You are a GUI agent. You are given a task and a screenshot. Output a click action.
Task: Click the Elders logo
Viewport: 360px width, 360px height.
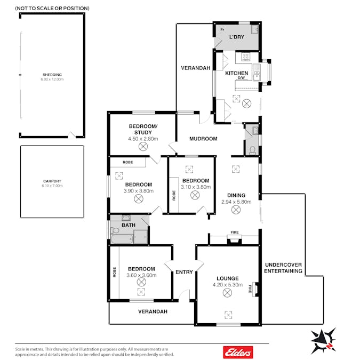(x=238, y=352)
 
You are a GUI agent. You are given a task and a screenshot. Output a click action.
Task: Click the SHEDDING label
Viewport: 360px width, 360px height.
(x=52, y=75)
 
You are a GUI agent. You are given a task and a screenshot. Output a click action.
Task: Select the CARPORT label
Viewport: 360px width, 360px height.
(x=52, y=181)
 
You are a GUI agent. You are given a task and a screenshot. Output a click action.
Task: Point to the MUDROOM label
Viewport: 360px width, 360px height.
(x=203, y=139)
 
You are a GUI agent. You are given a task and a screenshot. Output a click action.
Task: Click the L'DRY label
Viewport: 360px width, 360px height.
(x=237, y=37)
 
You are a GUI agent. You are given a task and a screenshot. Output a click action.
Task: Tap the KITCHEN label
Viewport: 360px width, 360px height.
(x=236, y=73)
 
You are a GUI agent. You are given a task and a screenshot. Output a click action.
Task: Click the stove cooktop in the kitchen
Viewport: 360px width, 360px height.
(x=246, y=57)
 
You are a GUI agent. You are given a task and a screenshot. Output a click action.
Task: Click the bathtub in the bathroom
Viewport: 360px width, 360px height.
(x=122, y=239)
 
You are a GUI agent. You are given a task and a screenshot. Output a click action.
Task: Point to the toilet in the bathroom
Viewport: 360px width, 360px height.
(x=115, y=230)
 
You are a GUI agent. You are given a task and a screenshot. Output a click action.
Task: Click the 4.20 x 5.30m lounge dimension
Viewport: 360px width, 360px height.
(x=228, y=285)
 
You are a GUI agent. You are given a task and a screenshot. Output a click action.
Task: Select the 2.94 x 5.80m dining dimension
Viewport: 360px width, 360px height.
(x=236, y=202)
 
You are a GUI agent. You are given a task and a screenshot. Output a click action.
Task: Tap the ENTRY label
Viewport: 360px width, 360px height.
(x=184, y=272)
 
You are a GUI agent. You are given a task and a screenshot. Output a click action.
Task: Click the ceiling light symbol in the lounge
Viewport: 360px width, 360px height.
(x=227, y=293)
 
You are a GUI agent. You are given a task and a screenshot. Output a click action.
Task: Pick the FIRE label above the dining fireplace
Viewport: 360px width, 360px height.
(x=235, y=233)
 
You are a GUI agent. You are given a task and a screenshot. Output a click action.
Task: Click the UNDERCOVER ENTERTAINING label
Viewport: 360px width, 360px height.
(x=283, y=268)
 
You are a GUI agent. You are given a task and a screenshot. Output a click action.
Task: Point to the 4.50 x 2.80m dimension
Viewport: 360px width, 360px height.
(x=143, y=139)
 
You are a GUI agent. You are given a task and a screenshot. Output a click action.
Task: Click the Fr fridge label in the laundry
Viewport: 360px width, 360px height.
(x=222, y=30)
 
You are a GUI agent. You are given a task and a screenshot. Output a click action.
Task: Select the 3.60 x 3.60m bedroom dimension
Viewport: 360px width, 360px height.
(x=141, y=275)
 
